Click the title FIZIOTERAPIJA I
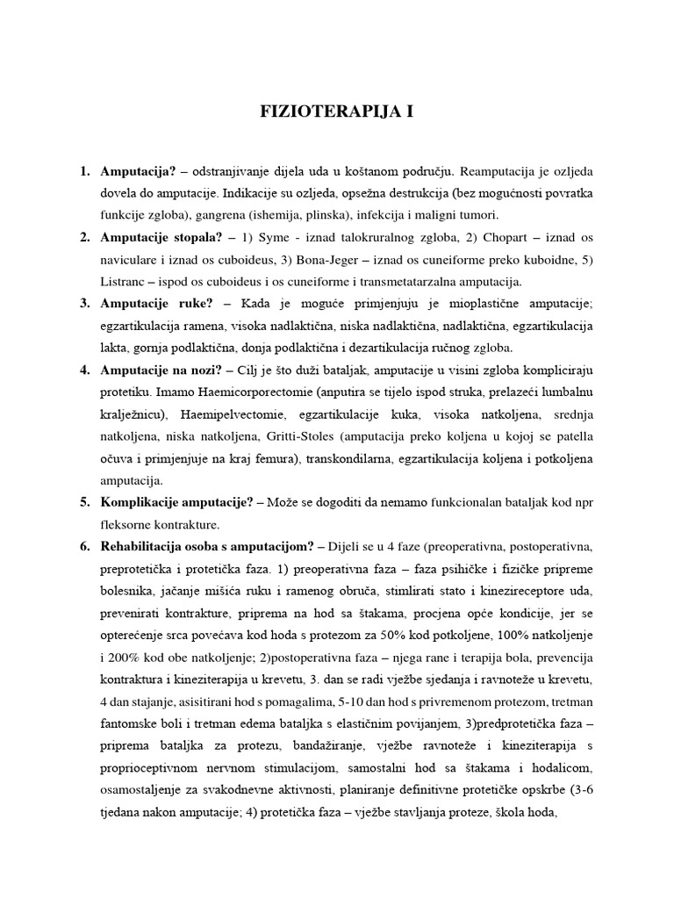tap(337, 112)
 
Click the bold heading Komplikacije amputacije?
tap(177, 502)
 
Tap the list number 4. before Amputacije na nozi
tap(85, 370)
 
